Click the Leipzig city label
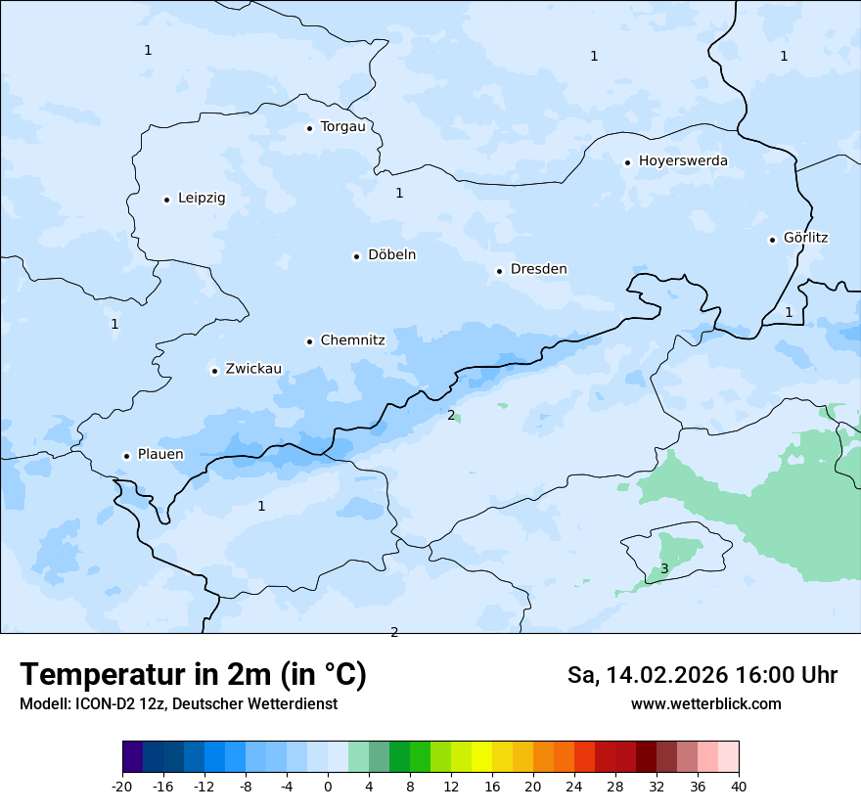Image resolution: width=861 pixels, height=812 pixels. click(202, 199)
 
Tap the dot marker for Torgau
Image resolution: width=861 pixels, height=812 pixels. click(309, 128)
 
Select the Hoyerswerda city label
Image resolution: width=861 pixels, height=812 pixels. click(683, 161)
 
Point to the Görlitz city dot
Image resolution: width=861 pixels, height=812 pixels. click(772, 240)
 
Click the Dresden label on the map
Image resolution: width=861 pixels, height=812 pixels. click(538, 270)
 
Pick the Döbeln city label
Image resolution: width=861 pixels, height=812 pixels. click(391, 255)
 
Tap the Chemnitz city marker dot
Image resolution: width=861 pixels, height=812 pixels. click(309, 342)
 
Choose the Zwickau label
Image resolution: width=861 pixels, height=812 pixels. click(253, 370)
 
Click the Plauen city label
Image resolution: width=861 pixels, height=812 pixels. click(160, 455)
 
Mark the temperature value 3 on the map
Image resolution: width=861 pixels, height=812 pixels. click(664, 568)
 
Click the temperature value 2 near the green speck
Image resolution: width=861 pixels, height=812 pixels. click(451, 415)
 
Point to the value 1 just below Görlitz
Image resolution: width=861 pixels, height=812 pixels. click(789, 312)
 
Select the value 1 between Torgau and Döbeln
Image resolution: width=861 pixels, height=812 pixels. click(399, 194)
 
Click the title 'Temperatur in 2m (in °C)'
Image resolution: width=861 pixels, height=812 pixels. click(193, 675)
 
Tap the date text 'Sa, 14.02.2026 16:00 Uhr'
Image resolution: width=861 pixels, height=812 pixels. click(702, 675)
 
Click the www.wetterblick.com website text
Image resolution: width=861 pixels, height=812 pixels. click(705, 704)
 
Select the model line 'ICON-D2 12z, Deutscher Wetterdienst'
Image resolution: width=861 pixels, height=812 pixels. click(178, 704)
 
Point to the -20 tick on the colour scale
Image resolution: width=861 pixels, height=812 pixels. click(122, 787)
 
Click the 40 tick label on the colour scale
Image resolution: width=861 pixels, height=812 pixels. click(739, 787)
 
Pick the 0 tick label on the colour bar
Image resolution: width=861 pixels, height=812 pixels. click(328, 787)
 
